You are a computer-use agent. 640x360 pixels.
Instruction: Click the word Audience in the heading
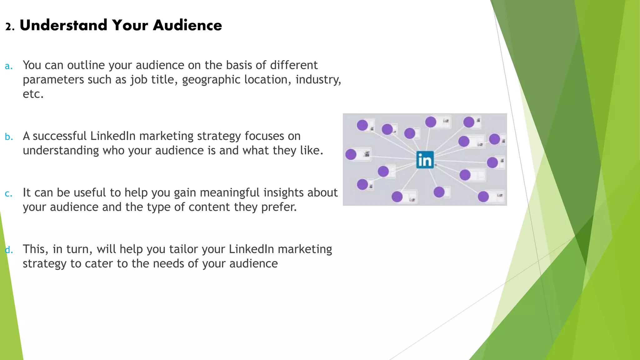coord(187,25)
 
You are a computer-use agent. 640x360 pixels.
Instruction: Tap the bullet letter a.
coord(9,66)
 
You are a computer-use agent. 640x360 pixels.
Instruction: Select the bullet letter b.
coord(9,137)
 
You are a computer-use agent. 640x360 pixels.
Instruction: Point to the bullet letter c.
coord(9,194)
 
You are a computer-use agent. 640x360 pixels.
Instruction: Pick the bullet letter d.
coord(9,250)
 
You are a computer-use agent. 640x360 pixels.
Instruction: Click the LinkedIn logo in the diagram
coord(425,160)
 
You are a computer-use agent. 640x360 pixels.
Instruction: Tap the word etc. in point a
coord(33,94)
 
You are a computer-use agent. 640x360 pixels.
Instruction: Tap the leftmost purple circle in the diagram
coord(351,154)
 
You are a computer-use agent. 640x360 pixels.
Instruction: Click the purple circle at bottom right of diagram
coord(483,197)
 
